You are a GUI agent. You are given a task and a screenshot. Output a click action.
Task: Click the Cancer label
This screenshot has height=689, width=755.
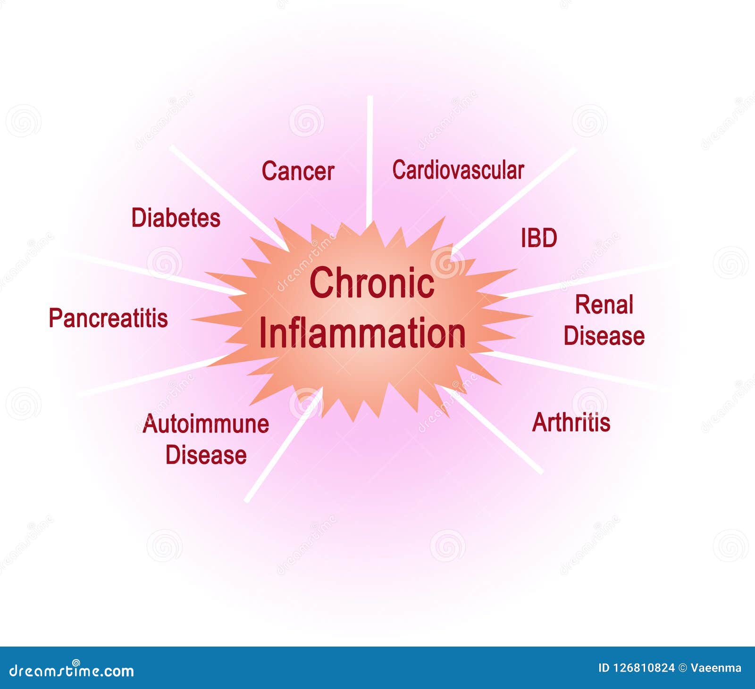(x=298, y=171)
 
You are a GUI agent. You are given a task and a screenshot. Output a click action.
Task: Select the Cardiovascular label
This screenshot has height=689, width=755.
(x=458, y=170)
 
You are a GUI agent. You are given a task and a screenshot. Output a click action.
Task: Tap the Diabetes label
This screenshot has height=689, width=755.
(x=176, y=218)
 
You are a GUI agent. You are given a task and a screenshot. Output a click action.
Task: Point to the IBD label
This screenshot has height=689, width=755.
(x=539, y=238)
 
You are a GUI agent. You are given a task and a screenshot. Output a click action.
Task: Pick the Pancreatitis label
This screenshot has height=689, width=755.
(x=108, y=318)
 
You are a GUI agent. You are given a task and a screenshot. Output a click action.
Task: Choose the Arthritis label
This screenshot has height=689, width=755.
(x=571, y=422)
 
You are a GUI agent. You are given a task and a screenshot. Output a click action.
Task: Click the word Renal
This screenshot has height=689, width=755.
(x=604, y=305)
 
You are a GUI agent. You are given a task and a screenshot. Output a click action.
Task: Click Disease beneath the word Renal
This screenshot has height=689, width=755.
(x=604, y=336)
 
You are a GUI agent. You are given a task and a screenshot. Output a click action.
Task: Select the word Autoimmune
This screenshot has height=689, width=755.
(x=206, y=423)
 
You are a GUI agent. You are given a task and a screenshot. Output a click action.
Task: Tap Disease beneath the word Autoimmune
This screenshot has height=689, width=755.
(x=206, y=455)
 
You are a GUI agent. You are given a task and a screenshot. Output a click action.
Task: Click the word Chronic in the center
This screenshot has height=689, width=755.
(x=372, y=282)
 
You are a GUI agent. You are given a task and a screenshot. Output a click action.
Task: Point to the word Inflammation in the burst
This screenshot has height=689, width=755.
(x=362, y=333)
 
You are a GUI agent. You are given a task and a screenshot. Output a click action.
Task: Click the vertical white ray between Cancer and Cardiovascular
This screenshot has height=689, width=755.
(x=370, y=156)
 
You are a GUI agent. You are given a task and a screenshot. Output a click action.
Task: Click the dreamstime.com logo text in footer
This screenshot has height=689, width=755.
(x=72, y=670)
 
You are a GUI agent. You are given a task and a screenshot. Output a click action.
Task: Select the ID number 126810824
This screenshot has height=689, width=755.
(x=643, y=668)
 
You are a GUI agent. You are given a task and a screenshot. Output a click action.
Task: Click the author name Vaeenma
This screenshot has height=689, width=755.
(x=716, y=668)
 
